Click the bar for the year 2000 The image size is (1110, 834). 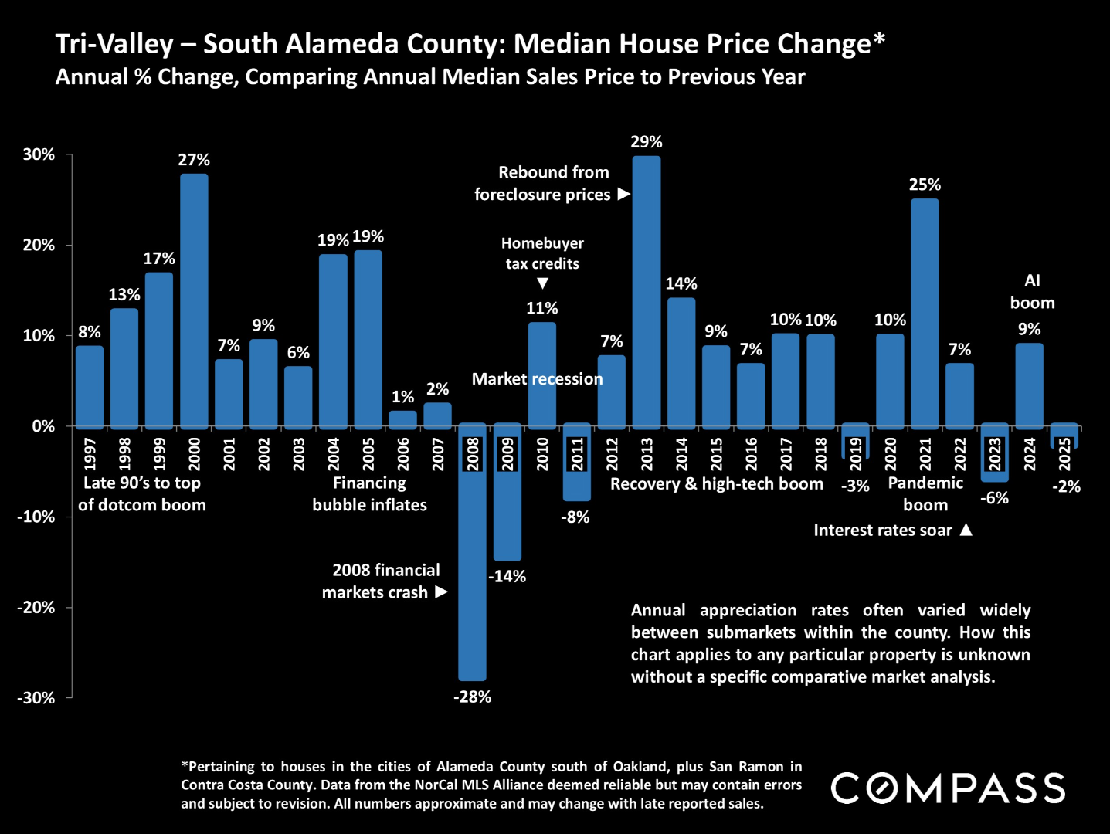194,301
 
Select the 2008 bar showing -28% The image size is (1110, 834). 472,552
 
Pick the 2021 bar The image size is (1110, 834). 925,313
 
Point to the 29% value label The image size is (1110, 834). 647,142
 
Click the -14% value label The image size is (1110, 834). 507,576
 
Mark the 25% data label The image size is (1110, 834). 925,185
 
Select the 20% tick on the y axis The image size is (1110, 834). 39,246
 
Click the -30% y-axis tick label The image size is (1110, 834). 36,698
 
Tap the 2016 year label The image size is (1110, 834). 751,453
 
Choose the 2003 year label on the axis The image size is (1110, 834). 299,453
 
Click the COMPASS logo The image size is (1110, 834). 948,788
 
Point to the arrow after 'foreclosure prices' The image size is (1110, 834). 624,195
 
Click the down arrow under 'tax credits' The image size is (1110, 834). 542,283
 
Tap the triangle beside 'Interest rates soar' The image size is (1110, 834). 966,530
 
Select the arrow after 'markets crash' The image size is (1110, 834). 441,592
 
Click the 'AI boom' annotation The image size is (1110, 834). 1032,292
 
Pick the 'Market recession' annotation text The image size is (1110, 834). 537,379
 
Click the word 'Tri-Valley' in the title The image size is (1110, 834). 114,44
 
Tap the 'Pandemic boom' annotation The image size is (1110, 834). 925,494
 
